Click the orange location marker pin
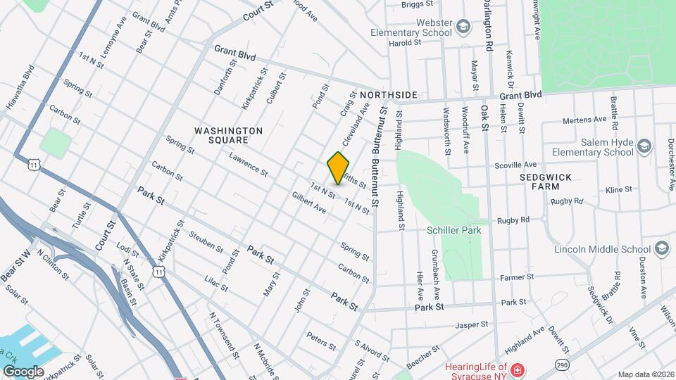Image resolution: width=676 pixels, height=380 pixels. point(339,167)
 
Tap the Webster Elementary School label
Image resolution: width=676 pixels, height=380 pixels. point(412,27)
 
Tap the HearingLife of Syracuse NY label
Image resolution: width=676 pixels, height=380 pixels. point(475,371)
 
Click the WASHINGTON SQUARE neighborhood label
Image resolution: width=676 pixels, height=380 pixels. point(228,136)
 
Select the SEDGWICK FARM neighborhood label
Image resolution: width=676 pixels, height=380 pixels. point(546,182)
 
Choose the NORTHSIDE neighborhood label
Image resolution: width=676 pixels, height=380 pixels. point(388,94)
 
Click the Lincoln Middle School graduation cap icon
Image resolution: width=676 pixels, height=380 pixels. point(661,248)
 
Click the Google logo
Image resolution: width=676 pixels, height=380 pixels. point(23,371)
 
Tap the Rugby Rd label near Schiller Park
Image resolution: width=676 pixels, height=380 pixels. point(513,220)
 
